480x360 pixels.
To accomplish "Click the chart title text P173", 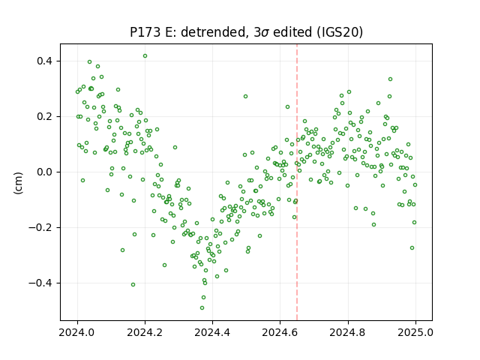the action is click(x=145, y=32).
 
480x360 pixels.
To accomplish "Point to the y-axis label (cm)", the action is click(x=18, y=183).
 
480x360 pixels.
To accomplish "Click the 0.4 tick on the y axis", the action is click(x=45, y=61).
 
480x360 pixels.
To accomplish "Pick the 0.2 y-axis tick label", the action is click(x=45, y=117).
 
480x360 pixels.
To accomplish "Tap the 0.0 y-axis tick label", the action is click(x=45, y=172).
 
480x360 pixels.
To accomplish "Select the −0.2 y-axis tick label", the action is click(x=41, y=227).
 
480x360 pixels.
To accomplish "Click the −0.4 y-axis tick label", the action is click(x=41, y=283).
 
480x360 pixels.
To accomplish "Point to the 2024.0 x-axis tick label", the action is click(x=77, y=332).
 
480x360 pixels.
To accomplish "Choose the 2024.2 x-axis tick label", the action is click(x=145, y=332).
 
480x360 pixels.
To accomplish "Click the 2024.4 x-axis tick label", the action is click(x=212, y=332).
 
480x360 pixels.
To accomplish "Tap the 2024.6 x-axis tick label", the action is click(x=280, y=332).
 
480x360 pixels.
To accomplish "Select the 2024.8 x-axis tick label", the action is click(x=348, y=332).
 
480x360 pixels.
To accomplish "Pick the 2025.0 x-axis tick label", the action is click(x=415, y=332).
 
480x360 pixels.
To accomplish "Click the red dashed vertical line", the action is click(x=297, y=182).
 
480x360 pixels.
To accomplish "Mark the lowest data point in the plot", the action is click(x=202, y=308).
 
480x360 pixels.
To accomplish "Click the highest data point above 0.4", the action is click(x=145, y=56).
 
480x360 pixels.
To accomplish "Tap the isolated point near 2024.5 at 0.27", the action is click(x=245, y=97).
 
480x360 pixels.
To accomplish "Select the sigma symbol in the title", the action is click(x=265, y=33).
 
